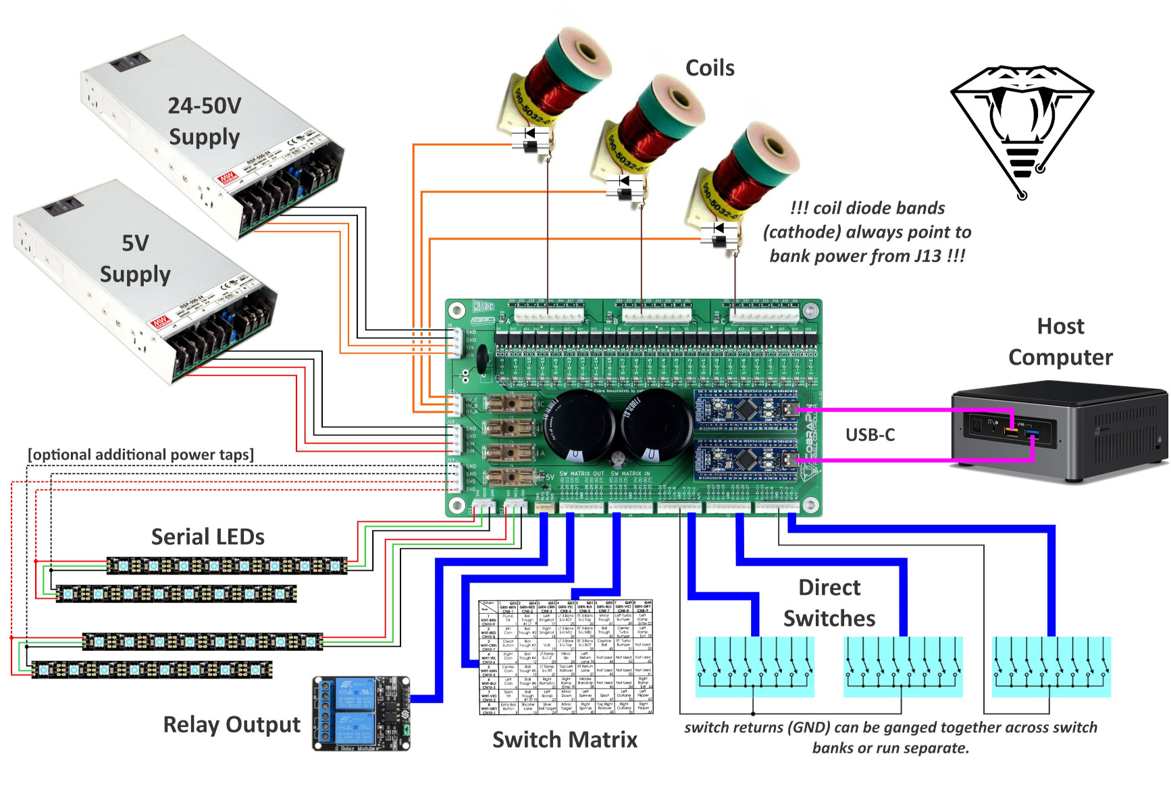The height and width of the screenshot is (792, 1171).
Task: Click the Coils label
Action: pyautogui.click(x=710, y=68)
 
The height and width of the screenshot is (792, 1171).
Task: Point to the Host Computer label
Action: pyautogui.click(x=1060, y=342)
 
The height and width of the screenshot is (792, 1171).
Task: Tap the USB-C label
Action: pyautogui.click(x=870, y=435)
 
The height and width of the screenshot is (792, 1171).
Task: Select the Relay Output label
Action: pyautogui.click(x=232, y=724)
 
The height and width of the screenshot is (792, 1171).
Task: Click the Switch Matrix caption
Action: pyautogui.click(x=565, y=739)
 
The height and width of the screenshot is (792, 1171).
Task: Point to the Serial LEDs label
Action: pyautogui.click(x=207, y=537)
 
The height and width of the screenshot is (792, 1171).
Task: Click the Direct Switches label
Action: pyautogui.click(x=829, y=603)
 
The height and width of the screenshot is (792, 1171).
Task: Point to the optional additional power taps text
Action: pyautogui.click(x=140, y=455)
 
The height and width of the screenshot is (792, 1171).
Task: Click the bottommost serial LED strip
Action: pyautogui.click(x=152, y=670)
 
